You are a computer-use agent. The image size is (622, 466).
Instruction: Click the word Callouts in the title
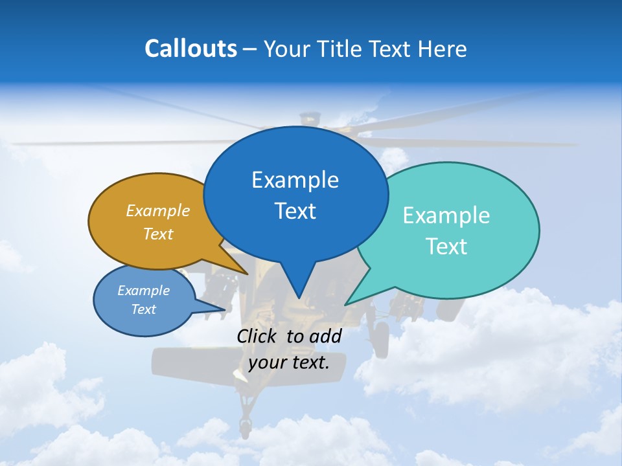click(190, 49)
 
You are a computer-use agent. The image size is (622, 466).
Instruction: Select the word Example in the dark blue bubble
click(295, 180)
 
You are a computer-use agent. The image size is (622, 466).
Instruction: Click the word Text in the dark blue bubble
click(295, 211)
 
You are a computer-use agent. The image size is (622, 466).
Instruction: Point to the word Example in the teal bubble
click(446, 216)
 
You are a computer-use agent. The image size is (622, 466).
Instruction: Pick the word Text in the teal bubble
click(446, 247)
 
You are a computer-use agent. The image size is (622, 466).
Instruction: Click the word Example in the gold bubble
click(158, 211)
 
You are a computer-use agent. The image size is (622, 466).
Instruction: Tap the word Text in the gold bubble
click(158, 234)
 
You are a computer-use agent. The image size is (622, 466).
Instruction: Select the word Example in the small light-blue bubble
click(143, 291)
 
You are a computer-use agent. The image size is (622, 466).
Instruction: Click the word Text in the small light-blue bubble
click(143, 309)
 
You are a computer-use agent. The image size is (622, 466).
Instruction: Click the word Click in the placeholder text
click(258, 336)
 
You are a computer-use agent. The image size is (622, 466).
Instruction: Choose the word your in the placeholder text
click(266, 362)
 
